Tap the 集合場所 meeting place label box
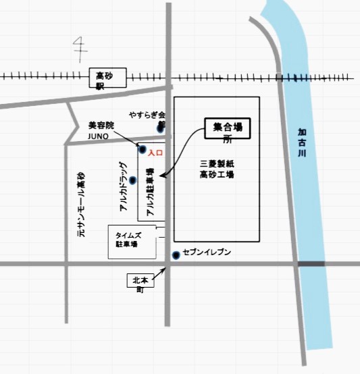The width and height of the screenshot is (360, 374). pos(228,130)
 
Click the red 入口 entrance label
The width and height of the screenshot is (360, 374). pos(156,155)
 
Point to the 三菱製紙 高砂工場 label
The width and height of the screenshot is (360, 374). pos(217,169)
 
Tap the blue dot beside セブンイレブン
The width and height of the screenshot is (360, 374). pos(176,255)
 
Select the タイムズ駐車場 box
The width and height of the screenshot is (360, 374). pos(132,240)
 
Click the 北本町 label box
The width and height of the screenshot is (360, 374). pos(140,282)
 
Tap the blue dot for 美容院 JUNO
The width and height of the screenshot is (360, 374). pos(142,149)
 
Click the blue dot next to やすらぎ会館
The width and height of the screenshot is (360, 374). pos(160,128)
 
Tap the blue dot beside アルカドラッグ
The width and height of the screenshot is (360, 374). pos(133,180)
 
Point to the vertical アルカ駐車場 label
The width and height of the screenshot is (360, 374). pos(149,192)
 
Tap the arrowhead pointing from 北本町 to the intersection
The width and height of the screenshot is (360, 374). pos(163,269)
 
